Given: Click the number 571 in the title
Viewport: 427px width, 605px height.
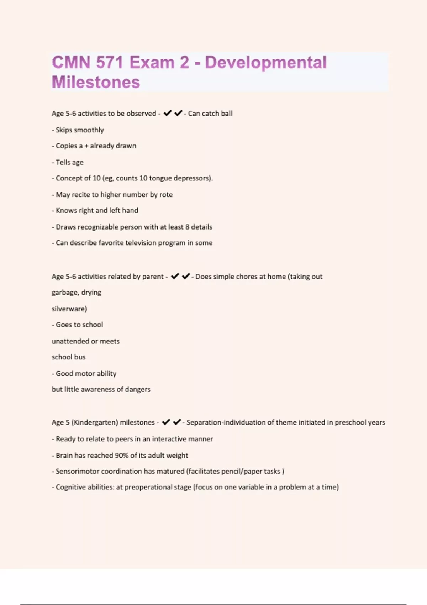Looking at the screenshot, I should click(x=109, y=62).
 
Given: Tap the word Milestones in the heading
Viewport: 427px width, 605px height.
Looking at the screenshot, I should click(x=96, y=82).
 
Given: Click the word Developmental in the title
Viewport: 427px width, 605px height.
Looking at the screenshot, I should click(x=266, y=62).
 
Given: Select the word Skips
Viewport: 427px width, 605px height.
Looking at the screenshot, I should click(x=64, y=130).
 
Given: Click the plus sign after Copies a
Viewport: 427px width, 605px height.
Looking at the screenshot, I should click(x=86, y=146).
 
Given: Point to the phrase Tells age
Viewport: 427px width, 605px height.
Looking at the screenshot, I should click(x=69, y=162).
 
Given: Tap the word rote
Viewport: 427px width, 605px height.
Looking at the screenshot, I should click(x=166, y=195).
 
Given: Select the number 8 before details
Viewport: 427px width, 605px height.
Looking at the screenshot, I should click(x=187, y=227).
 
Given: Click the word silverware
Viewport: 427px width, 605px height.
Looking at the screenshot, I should click(x=69, y=309).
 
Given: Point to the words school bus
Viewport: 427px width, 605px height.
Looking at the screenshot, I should click(x=69, y=357).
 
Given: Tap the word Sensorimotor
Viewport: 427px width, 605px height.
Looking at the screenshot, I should click(x=78, y=472).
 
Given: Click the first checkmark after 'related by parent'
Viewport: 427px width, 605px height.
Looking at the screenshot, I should click(x=175, y=276).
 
